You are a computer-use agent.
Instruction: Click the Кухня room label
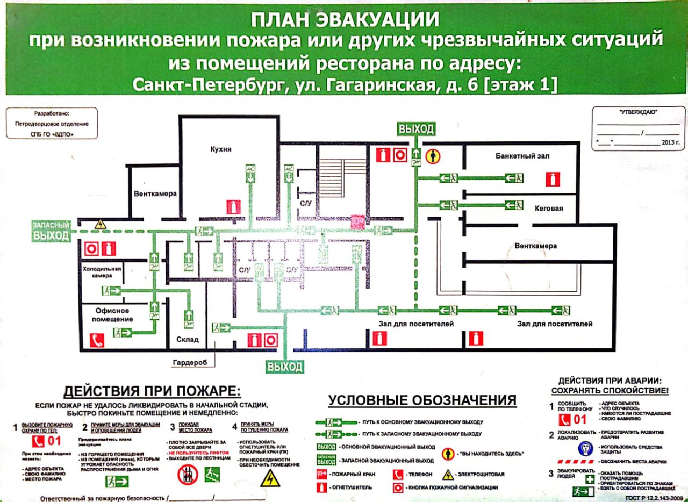pyautogui.click(x=221, y=149)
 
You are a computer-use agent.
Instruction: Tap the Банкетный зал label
pyautogui.click(x=522, y=156)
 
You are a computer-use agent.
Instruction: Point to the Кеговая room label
pyautogui.click(x=549, y=208)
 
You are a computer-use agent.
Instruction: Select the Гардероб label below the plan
pyautogui.click(x=190, y=362)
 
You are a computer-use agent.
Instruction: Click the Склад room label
pyautogui.click(x=188, y=339)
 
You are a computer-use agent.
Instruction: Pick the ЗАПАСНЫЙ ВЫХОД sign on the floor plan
pyautogui.click(x=51, y=231)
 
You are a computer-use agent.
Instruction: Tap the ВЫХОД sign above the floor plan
pyautogui.click(x=416, y=129)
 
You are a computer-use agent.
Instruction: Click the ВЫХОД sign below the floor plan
pyautogui.click(x=285, y=367)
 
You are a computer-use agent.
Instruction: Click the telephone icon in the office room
pyautogui.click(x=97, y=340)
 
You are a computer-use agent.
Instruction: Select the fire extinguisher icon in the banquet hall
pyautogui.click(x=553, y=179)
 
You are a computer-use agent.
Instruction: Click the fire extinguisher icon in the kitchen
pyautogui.click(x=232, y=207)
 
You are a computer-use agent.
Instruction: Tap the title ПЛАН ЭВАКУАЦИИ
pyautogui.click(x=346, y=20)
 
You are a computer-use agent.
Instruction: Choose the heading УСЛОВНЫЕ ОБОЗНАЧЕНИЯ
pyautogui.click(x=422, y=400)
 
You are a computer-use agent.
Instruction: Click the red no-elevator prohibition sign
pyautogui.click(x=188, y=474)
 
